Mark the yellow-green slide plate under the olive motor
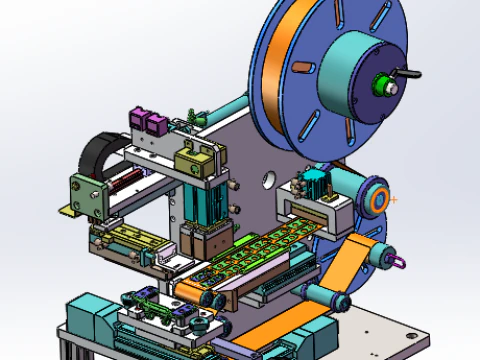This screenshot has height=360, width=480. (x=125, y=241)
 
